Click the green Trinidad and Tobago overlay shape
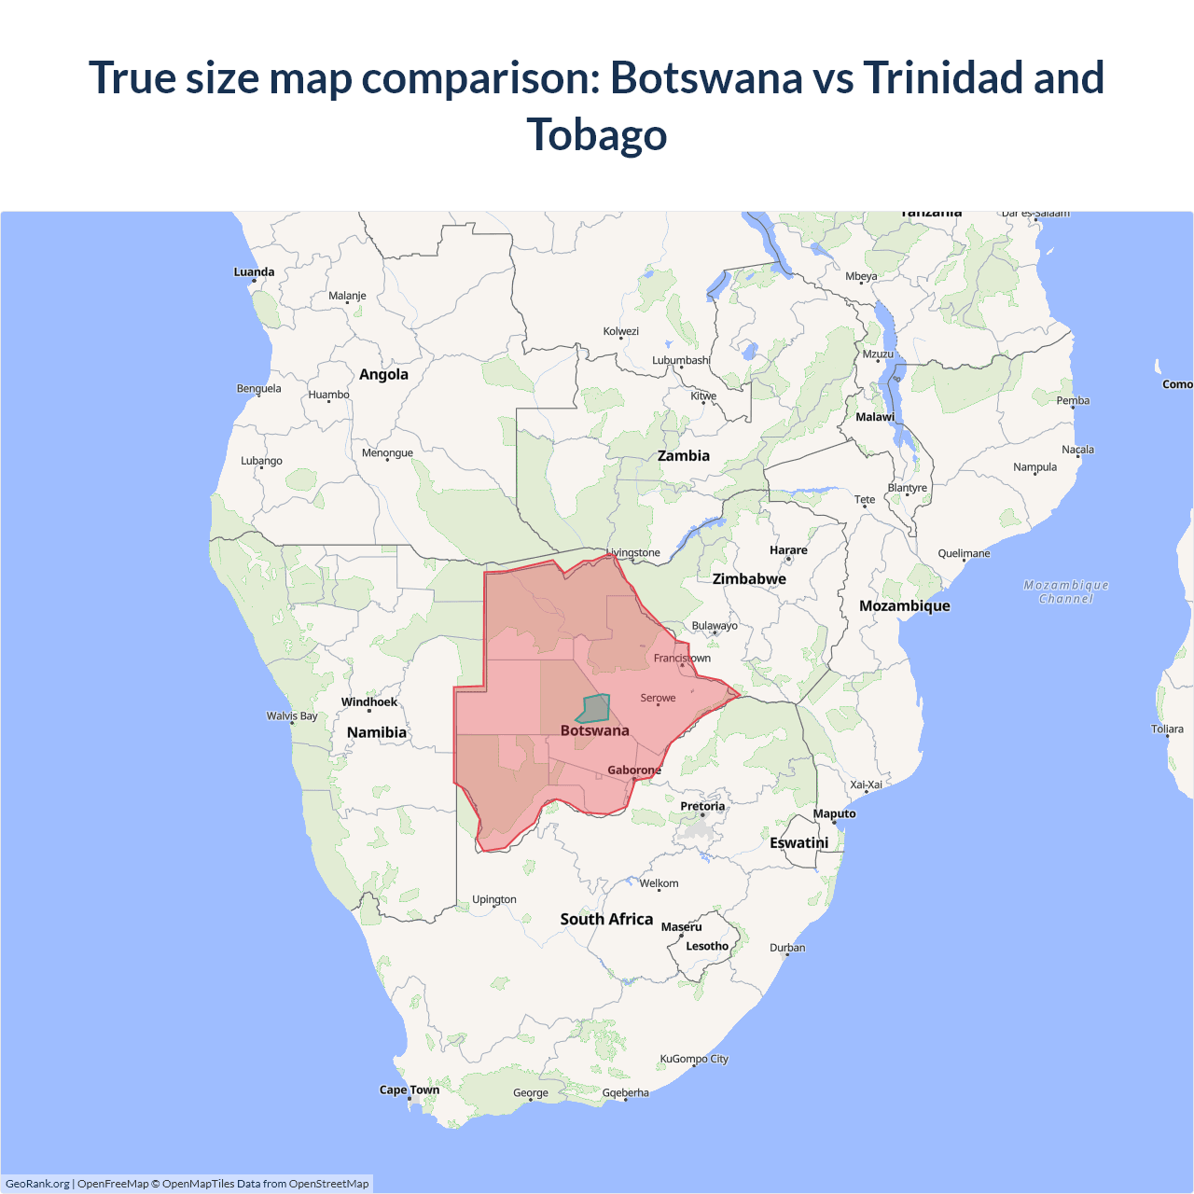[x=593, y=709]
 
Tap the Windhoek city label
[x=369, y=702]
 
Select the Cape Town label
[x=410, y=1090]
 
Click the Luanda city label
[x=254, y=272]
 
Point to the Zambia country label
[x=684, y=456]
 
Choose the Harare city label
[x=788, y=550]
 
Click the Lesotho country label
[x=707, y=946]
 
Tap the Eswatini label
[x=799, y=842]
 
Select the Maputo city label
[x=834, y=813]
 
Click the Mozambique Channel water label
[x=1066, y=591]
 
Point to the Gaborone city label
[x=634, y=771]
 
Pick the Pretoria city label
[x=702, y=806]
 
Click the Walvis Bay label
[x=292, y=716]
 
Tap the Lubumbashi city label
[x=681, y=360]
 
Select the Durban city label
[x=787, y=948]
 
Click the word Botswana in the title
[x=706, y=77]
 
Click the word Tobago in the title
[x=597, y=134]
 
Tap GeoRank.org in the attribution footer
[x=37, y=1184]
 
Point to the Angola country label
[x=383, y=374]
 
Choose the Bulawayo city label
[x=715, y=626]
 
